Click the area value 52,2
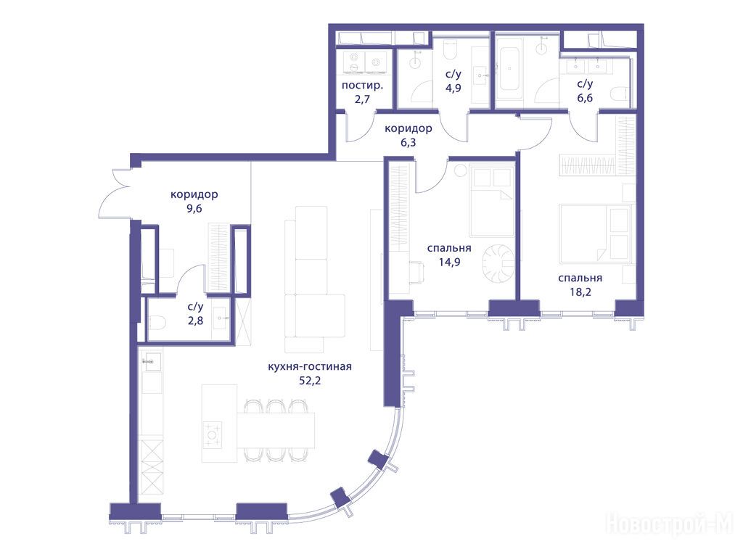310,380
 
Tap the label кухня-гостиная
310,366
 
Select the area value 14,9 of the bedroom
449,262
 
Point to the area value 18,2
580,292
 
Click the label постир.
363,86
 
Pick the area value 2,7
361,99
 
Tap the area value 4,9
453,88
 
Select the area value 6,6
585,98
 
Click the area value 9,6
194,208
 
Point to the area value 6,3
408,142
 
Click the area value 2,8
195,321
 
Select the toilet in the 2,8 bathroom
157,324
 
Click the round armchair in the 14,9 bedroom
498,261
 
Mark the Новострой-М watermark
669,524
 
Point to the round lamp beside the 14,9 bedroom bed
460,170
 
